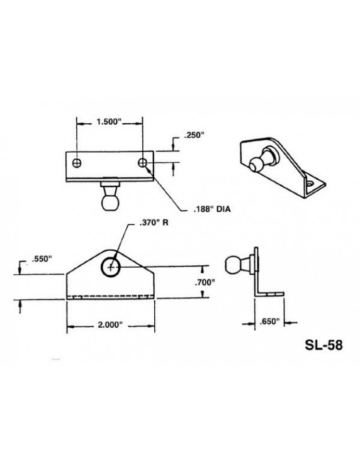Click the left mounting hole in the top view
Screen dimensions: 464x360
coord(77,163)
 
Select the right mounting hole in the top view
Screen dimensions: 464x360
coord(144,163)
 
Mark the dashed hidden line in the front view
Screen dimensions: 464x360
coord(110,297)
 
